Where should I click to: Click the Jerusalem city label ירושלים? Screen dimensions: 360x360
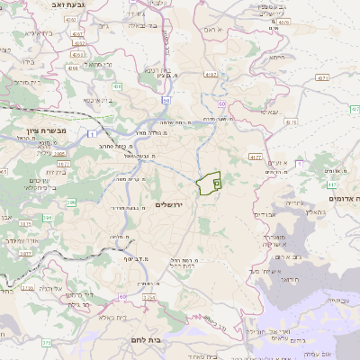168,206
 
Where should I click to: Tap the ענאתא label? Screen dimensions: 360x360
269,112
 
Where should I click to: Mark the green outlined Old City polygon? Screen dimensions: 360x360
209,183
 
